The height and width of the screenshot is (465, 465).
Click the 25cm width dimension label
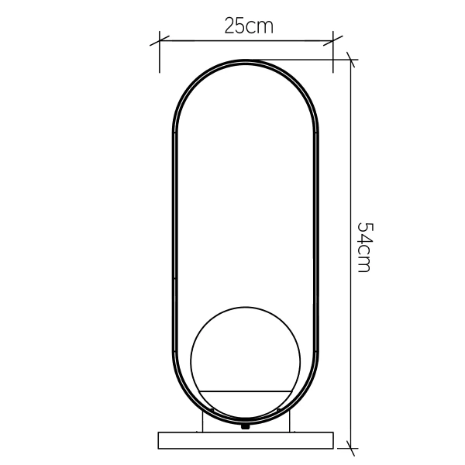248,26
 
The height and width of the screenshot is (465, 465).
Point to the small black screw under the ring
246,425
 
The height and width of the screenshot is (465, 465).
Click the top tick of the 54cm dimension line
352,60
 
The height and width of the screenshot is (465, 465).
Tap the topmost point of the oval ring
246,60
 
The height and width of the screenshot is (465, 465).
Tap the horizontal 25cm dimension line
248,41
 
